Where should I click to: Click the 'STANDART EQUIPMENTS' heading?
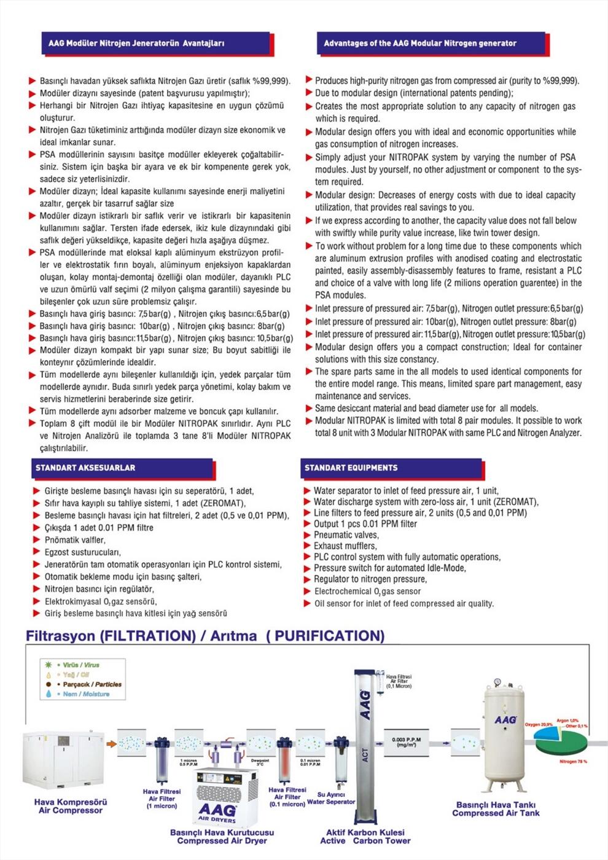[x=351, y=468]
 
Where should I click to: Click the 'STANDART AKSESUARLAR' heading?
[x=85, y=468]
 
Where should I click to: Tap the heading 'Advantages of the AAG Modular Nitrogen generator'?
[x=420, y=44]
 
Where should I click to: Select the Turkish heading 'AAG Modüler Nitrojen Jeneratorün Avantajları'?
[x=136, y=44]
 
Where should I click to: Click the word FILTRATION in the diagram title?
[x=147, y=636]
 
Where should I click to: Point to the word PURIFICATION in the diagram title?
[x=325, y=636]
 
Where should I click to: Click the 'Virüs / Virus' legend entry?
[x=80, y=665]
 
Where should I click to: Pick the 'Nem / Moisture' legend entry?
[x=86, y=694]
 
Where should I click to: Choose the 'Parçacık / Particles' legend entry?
[x=92, y=684]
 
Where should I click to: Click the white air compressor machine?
[x=65, y=762]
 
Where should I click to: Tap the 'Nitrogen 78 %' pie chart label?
[x=574, y=762]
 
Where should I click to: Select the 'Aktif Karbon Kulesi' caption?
[x=365, y=832]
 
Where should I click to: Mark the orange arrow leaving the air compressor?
[x=111, y=744]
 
